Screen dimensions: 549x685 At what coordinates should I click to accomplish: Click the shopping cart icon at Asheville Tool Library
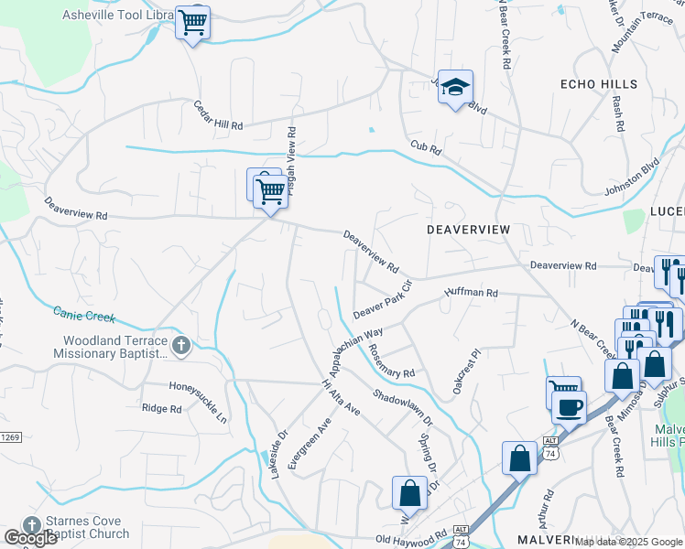[192, 22]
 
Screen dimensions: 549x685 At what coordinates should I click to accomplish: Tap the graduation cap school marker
[455, 88]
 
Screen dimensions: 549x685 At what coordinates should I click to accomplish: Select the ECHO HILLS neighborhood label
[598, 84]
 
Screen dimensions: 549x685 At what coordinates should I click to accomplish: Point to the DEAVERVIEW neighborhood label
[468, 230]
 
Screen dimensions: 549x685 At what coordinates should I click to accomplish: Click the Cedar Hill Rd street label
[218, 114]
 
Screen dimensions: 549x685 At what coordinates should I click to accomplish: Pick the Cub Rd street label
[426, 146]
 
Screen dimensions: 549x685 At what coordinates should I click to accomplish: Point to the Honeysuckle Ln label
[198, 403]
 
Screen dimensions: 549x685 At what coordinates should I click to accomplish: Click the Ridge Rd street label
[162, 408]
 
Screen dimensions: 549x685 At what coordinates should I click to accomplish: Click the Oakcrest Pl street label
[464, 371]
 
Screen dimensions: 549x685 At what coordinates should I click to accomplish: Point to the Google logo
[31, 538]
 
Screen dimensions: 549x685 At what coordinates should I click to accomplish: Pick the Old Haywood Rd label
[409, 539]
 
